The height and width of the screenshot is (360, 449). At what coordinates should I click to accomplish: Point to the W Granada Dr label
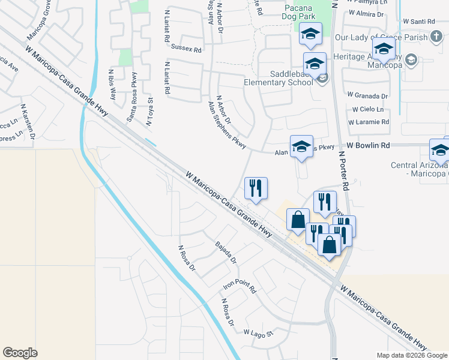(x=367, y=96)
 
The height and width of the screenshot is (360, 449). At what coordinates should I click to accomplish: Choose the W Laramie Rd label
(x=368, y=122)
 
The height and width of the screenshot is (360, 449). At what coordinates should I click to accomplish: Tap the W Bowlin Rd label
(x=368, y=146)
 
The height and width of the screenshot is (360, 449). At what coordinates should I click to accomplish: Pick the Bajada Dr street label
(x=226, y=253)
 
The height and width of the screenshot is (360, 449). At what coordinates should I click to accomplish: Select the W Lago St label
(x=258, y=332)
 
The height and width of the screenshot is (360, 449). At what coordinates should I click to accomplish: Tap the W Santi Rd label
(x=419, y=22)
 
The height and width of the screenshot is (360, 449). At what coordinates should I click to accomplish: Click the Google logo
(x=20, y=353)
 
